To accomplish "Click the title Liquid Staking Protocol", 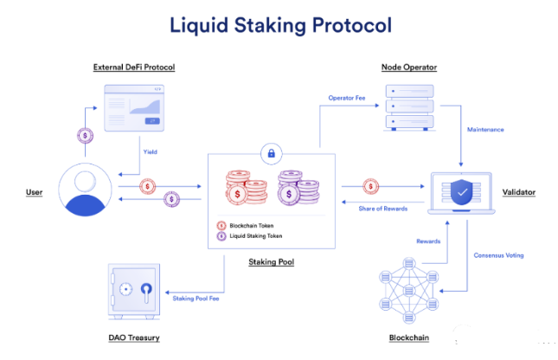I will [x=279, y=24].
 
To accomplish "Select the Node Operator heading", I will [x=408, y=67].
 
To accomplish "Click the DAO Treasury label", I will [x=136, y=337].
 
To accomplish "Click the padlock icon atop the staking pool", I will [x=272, y=154].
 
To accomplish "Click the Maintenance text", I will [x=485, y=131].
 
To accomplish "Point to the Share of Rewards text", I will [x=383, y=209].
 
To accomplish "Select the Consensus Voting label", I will [x=499, y=255].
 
